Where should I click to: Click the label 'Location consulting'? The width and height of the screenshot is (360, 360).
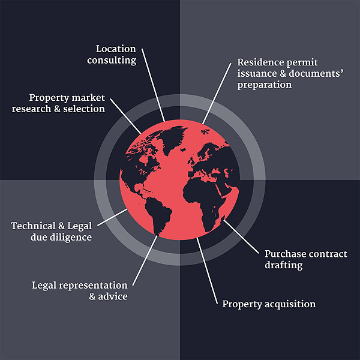[112, 55]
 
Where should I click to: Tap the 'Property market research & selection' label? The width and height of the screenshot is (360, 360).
[59, 104]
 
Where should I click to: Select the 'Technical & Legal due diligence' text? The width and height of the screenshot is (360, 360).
[52, 232]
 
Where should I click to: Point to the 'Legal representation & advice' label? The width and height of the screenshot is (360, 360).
[80, 290]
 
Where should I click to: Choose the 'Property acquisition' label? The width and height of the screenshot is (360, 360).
[269, 304]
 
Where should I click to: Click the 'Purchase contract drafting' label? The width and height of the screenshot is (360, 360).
[306, 259]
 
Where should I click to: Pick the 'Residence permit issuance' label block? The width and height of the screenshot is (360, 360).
[290, 73]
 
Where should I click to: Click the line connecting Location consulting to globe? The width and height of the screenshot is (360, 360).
[153, 85]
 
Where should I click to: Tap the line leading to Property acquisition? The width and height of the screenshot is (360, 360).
[207, 271]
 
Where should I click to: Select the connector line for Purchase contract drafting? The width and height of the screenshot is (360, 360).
[241, 237]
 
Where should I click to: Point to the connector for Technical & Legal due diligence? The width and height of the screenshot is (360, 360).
[112, 217]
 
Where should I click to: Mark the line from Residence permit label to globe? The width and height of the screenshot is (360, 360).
[217, 94]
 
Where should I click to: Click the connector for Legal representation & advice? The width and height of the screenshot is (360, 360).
[145, 260]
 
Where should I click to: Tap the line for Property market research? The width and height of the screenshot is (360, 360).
[125, 116]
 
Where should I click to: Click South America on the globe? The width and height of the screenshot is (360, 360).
[158, 215]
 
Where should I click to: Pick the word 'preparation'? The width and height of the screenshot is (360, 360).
[265, 85]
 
